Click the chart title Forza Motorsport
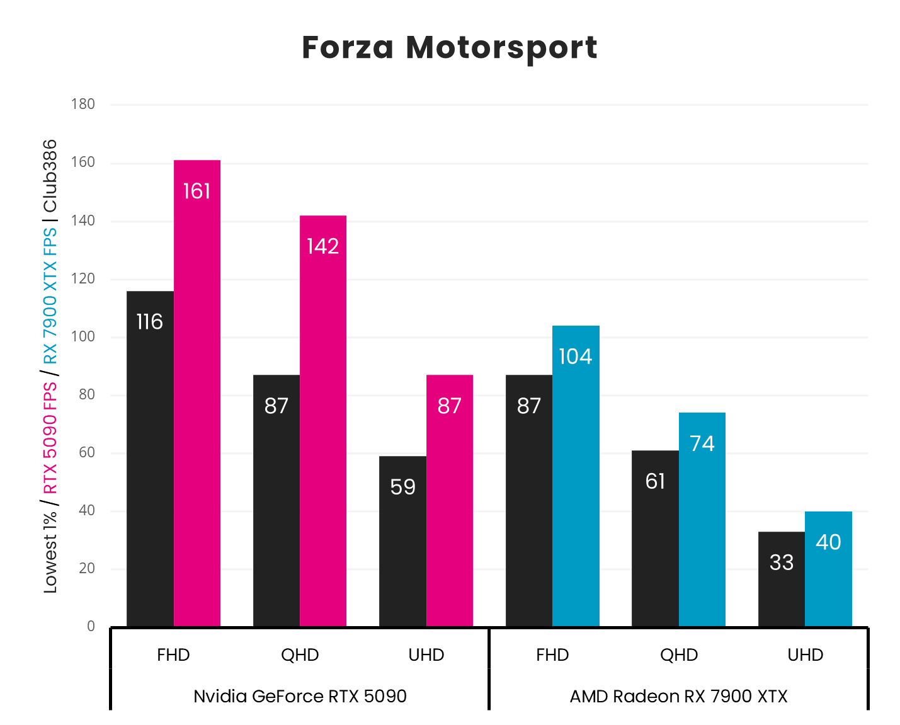(449, 48)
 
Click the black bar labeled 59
(402, 541)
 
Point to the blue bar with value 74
(702, 519)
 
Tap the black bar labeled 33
(781, 579)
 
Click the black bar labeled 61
(655, 538)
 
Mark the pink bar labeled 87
(450, 501)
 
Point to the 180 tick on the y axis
(83, 104)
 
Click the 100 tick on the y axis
(83, 336)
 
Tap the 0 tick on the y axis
(91, 626)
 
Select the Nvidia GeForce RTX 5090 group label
(300, 696)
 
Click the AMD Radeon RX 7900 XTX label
(678, 696)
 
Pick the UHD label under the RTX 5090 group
(426, 655)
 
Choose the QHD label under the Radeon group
(679, 655)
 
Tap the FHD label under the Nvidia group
(173, 655)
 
